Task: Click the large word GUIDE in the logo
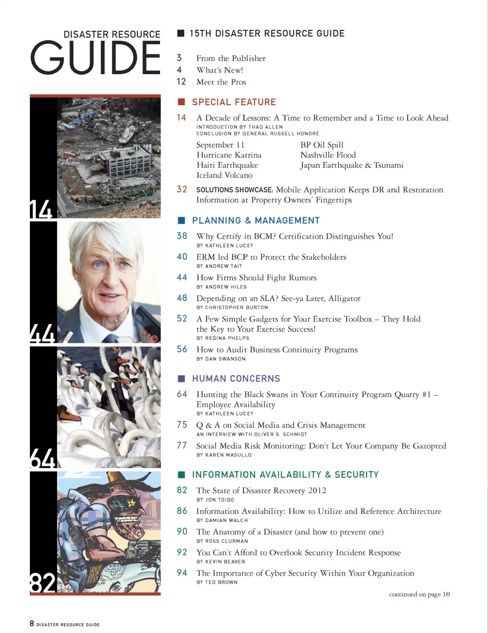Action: click(96, 58)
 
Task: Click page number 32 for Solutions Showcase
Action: click(181, 189)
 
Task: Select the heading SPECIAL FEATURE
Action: click(234, 102)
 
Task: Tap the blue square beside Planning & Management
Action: click(181, 220)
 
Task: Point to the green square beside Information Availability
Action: click(181, 474)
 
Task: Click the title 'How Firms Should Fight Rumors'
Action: click(256, 278)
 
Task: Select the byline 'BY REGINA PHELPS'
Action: click(223, 338)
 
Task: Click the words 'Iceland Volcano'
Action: click(224, 175)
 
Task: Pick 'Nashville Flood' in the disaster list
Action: click(328, 155)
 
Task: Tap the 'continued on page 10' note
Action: click(419, 594)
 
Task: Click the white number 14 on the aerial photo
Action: click(41, 209)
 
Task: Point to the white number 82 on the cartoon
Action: click(43, 583)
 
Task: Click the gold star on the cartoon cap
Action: click(132, 503)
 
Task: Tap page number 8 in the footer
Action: click(32, 623)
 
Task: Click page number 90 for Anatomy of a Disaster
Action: click(181, 531)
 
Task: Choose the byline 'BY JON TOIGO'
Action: click(215, 500)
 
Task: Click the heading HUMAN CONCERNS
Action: click(236, 379)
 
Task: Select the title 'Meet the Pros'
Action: click(221, 82)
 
